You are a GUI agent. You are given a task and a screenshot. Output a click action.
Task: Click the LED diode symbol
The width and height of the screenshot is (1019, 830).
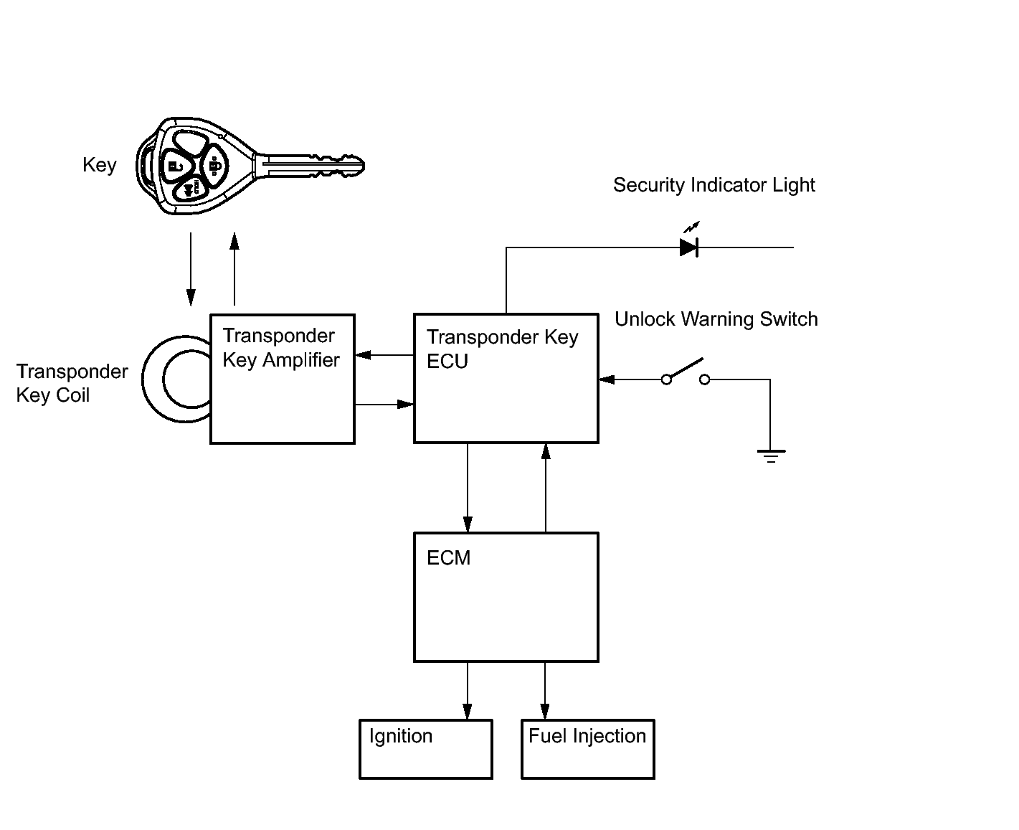click(x=689, y=247)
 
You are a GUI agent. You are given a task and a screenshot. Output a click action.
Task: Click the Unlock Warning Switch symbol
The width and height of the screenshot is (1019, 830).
click(x=685, y=372)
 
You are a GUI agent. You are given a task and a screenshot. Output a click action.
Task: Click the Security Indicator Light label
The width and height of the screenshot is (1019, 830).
click(x=714, y=185)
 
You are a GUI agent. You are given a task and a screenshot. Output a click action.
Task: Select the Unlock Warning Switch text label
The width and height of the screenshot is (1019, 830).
click(x=716, y=319)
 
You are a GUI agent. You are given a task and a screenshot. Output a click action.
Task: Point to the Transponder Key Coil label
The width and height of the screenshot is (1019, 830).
click(x=72, y=383)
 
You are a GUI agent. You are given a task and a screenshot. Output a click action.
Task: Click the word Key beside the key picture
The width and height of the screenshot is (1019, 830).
click(x=99, y=165)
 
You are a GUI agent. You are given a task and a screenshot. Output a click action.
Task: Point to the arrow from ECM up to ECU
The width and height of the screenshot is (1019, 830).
click(x=546, y=488)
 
